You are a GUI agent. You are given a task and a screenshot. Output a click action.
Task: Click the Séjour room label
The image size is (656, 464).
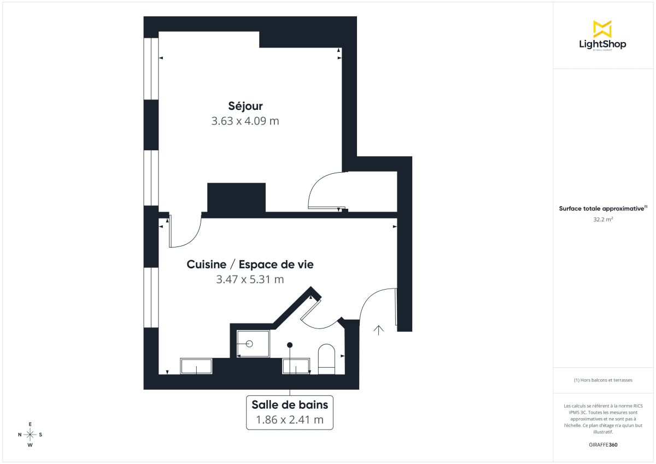point(245,106)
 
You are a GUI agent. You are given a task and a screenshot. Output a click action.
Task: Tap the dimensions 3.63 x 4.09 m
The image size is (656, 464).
point(245,121)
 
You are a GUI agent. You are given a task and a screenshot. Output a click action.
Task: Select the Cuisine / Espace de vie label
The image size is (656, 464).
point(250,265)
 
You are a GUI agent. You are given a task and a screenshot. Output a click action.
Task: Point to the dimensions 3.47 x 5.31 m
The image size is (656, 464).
point(250,280)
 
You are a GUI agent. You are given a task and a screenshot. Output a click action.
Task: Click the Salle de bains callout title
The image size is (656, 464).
point(290,405)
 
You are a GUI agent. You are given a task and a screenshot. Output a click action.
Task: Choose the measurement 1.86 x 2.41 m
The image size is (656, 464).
point(290,420)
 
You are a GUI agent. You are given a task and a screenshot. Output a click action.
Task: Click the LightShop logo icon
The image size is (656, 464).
point(602,29)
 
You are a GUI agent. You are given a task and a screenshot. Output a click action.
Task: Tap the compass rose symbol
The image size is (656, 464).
point(30,434)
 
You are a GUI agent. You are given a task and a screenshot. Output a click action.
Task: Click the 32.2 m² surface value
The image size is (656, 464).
point(602,219)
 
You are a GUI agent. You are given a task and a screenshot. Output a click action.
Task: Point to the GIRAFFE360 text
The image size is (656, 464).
point(602,445)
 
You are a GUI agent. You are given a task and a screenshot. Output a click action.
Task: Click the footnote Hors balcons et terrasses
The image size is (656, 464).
point(602,380)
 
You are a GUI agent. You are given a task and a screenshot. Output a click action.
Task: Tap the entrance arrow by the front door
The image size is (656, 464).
point(378,329)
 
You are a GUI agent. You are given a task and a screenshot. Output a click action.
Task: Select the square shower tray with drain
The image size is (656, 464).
point(253,344)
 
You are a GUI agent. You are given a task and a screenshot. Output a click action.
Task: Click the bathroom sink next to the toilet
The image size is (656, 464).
point(296,366)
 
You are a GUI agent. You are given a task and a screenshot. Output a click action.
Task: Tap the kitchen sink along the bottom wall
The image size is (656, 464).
point(196,366)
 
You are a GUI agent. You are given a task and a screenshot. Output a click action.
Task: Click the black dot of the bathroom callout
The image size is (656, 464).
point(290,345)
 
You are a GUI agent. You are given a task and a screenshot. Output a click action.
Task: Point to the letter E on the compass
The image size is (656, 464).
point(30,424)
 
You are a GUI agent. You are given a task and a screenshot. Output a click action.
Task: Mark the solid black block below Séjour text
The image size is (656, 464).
point(236,197)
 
